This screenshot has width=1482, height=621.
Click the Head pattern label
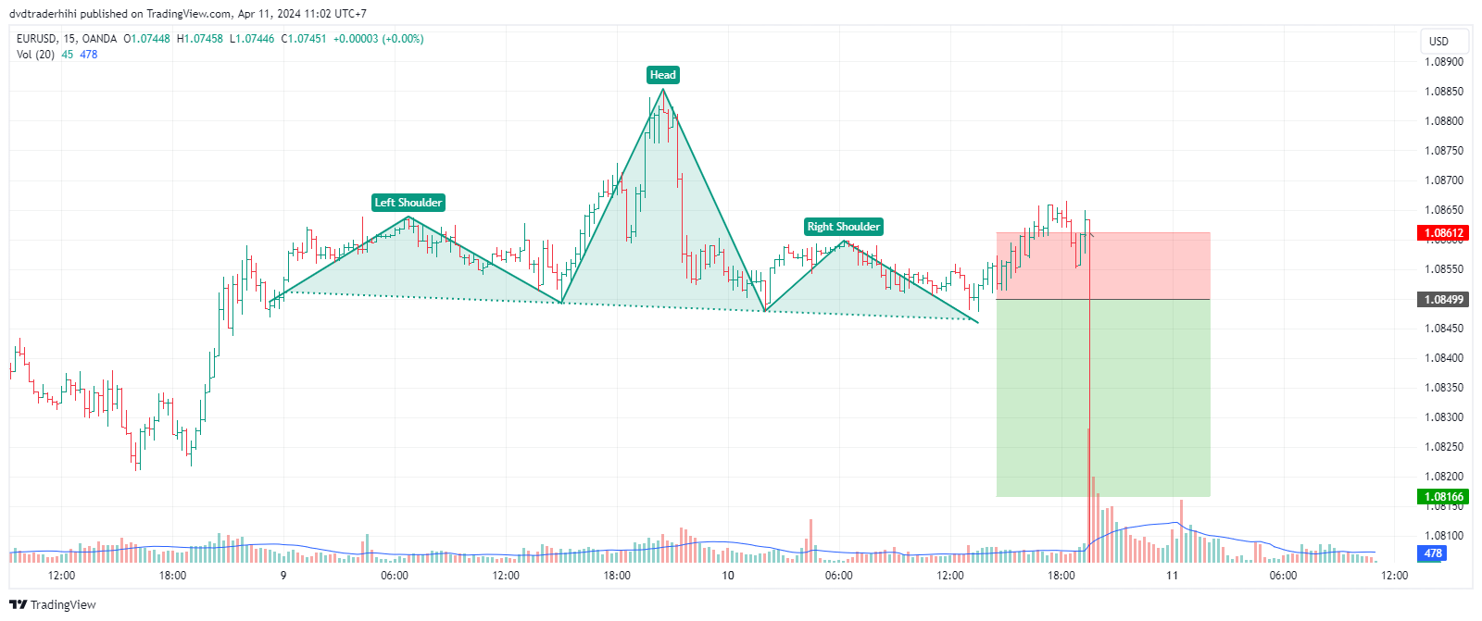662,75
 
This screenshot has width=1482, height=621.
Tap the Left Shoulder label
408,203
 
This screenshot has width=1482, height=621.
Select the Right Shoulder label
843,227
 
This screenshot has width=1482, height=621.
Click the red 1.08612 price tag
1443,233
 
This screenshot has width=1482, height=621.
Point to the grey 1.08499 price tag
1443,300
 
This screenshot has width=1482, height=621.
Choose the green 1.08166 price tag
1443,497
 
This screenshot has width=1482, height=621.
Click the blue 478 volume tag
1432,553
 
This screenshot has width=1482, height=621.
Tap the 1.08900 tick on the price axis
1444,62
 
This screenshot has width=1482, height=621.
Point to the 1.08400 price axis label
1444,358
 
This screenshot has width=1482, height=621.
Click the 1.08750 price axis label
1444,151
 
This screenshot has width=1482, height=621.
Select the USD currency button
1438,41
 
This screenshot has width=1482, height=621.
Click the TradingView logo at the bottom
53,605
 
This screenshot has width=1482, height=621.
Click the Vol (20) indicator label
36,55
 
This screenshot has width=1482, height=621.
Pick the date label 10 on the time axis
728,576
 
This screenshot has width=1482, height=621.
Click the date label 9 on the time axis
283,576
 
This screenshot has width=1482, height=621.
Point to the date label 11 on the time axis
1172,576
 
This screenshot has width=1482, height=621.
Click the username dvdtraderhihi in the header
44,14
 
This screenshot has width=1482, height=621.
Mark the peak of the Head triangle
663,89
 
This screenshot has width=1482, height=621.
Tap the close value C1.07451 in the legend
304,39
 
